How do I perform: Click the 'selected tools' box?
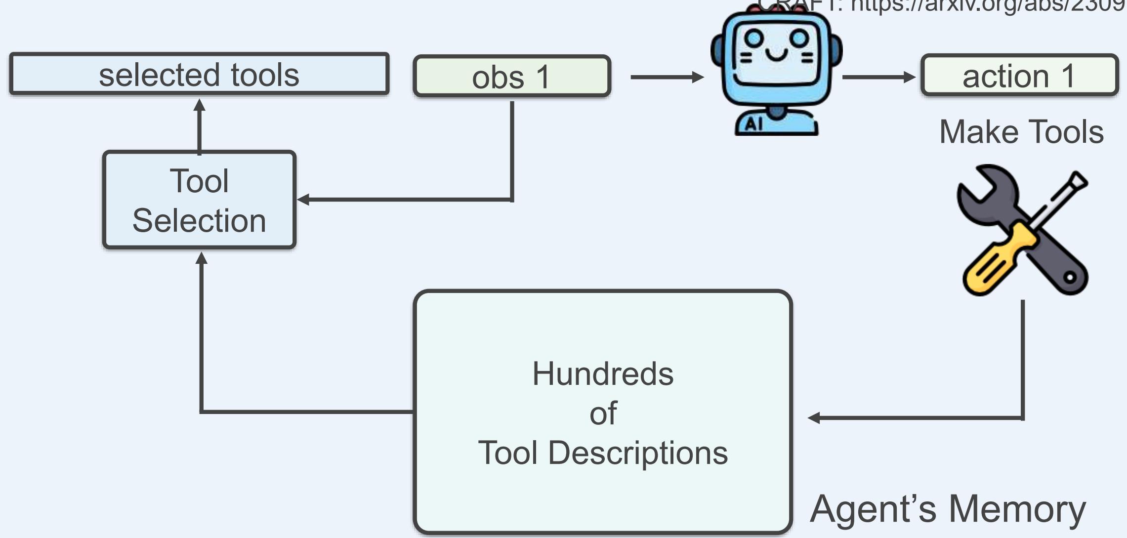coord(199,74)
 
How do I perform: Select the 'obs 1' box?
coord(512,76)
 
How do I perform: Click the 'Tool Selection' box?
coord(199,200)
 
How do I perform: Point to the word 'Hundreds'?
coord(603,373)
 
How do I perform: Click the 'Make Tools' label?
coord(1021,132)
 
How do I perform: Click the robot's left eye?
coord(754,38)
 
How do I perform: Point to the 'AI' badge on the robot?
coord(753,124)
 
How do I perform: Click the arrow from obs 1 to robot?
coord(667,77)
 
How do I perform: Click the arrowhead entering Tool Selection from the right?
coord(303,200)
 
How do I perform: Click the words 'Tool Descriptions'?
coord(603,453)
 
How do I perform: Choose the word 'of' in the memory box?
coord(603,413)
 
